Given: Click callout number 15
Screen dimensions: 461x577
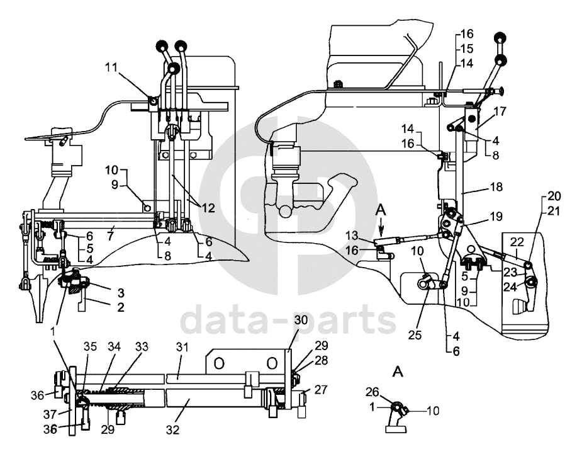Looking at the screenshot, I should (467, 48).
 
